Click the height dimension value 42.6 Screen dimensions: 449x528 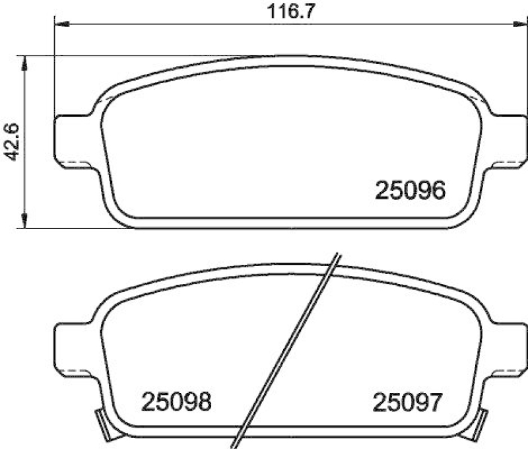[12, 141]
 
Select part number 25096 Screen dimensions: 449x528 [411, 191]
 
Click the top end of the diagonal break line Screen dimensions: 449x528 [338, 256]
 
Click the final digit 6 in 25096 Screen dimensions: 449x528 [438, 191]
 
